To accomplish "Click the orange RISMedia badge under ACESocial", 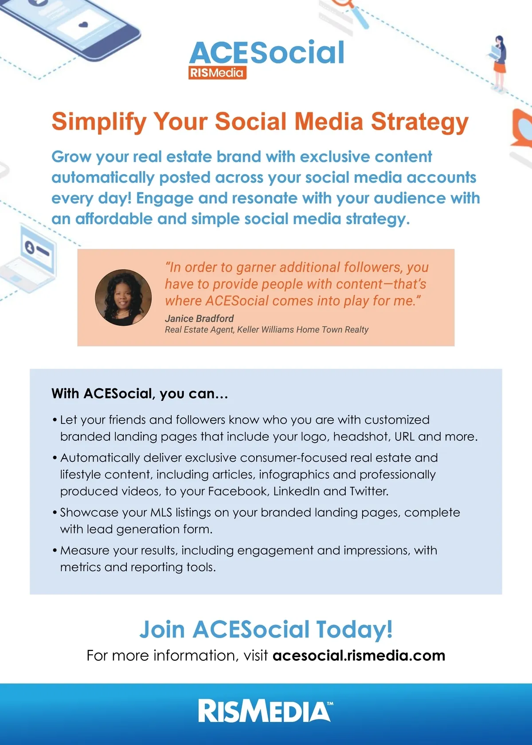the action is click(217, 73).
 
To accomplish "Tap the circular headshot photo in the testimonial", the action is click(123, 297).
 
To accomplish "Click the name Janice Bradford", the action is click(199, 318).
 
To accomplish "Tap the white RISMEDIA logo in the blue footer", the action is click(266, 711).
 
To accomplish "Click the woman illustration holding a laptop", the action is click(498, 63).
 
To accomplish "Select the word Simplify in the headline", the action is click(99, 122).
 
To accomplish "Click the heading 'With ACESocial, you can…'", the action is click(140, 393).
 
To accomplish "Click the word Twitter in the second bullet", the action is click(369, 491).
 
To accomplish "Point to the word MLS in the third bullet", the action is click(161, 512).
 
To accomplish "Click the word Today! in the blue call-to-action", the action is click(355, 629).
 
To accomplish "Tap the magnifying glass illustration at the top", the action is click(350, 12).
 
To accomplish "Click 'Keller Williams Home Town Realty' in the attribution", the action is click(303, 329).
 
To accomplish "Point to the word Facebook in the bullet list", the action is click(239, 491).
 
